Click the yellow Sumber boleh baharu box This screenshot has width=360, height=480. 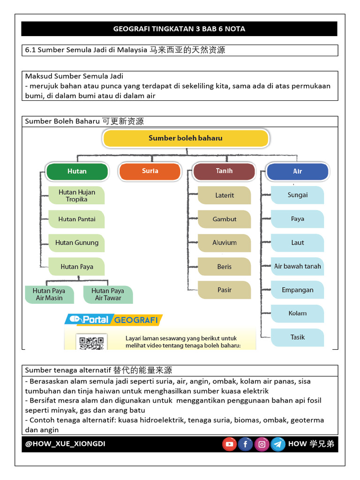pos(186,138)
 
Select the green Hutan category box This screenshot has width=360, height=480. pos(77,172)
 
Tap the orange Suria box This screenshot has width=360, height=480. pos(150,171)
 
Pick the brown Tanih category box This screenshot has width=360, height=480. pos(224,171)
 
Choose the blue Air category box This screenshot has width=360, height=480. pos(297,172)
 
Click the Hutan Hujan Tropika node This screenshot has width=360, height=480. pos(77,195)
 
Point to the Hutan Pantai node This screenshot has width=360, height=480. pos(77,219)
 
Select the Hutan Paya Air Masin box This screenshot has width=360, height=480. pos(49,294)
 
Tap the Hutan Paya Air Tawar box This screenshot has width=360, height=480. pos(108,294)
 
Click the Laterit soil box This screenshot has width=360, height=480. pos(225,195)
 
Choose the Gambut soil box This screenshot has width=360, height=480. pos(225,219)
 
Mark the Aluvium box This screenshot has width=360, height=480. pos(225,243)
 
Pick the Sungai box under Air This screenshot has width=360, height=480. pos(298,195)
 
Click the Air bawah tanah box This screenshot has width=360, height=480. pos(298,266)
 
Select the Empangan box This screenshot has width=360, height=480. pos(298,290)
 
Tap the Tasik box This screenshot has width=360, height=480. pos(298,337)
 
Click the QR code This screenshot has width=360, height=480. pos(91,343)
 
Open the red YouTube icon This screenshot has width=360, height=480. pos(229,444)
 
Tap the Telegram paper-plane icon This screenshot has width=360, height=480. pos(278,444)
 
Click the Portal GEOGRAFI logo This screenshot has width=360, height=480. pos(113,320)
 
